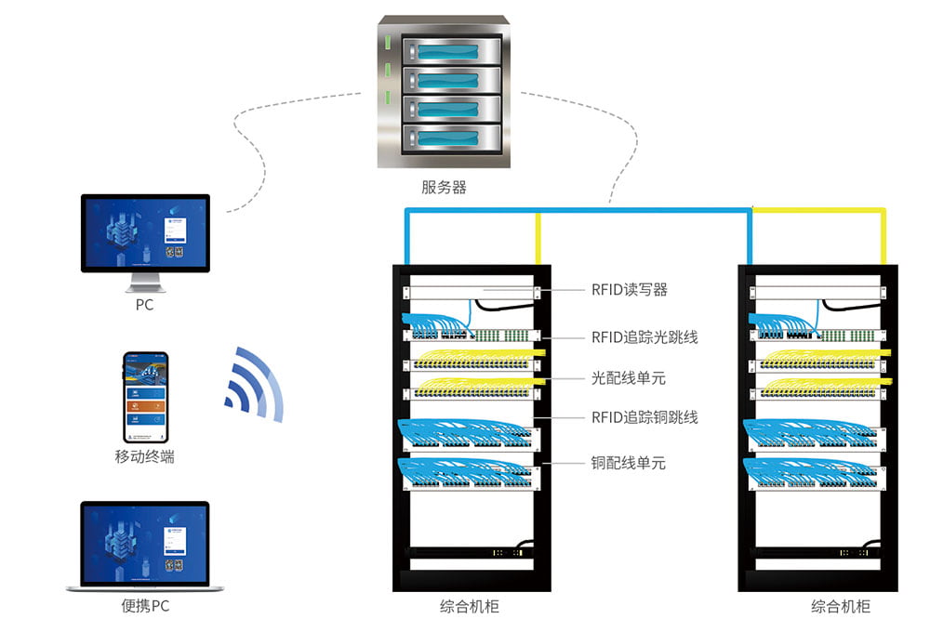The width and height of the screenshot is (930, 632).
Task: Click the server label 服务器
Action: point(444,187)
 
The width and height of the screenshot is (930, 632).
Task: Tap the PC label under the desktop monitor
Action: point(144,304)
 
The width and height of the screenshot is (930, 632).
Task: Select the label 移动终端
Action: point(144,456)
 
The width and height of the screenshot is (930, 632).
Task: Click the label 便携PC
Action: point(146,606)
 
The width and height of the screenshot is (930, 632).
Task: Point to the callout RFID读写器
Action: point(629,290)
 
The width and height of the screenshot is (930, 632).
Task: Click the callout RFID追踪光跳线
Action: point(644,336)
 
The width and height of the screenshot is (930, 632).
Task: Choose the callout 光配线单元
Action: point(629,378)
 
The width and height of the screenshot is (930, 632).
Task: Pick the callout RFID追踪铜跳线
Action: point(644,417)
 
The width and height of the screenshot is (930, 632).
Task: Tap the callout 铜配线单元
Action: point(629,462)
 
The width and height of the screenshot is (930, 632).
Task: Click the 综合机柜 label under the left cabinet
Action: point(470,606)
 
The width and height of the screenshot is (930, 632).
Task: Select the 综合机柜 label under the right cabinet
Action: point(841,606)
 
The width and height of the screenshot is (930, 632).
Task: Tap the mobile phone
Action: point(146,397)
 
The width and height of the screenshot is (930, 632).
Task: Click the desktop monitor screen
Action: point(145,231)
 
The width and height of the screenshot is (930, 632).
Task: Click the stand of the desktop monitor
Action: point(144,281)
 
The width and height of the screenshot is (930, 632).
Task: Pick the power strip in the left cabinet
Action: point(472,552)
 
